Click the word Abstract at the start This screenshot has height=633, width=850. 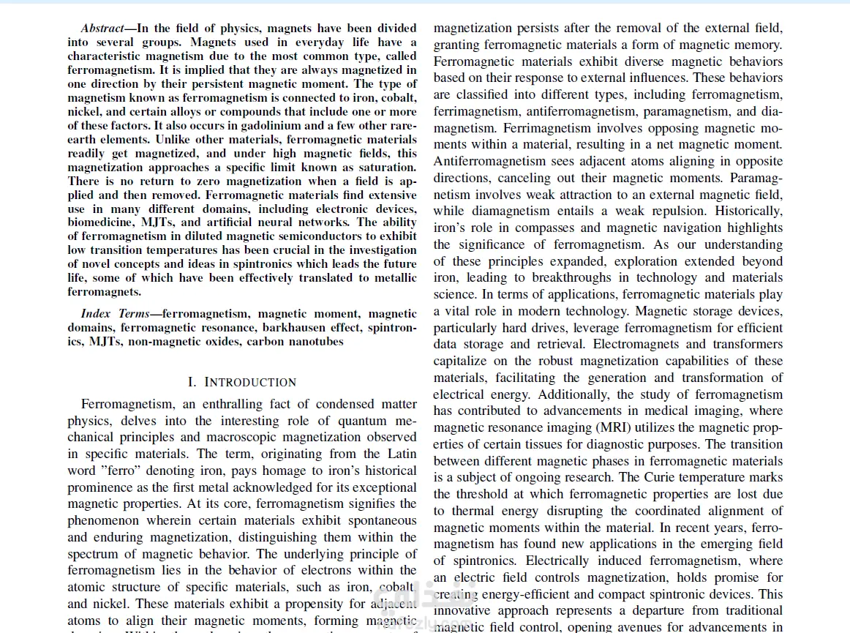coord(102,29)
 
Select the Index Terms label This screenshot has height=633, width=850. coord(113,314)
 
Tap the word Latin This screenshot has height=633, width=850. coord(401,454)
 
